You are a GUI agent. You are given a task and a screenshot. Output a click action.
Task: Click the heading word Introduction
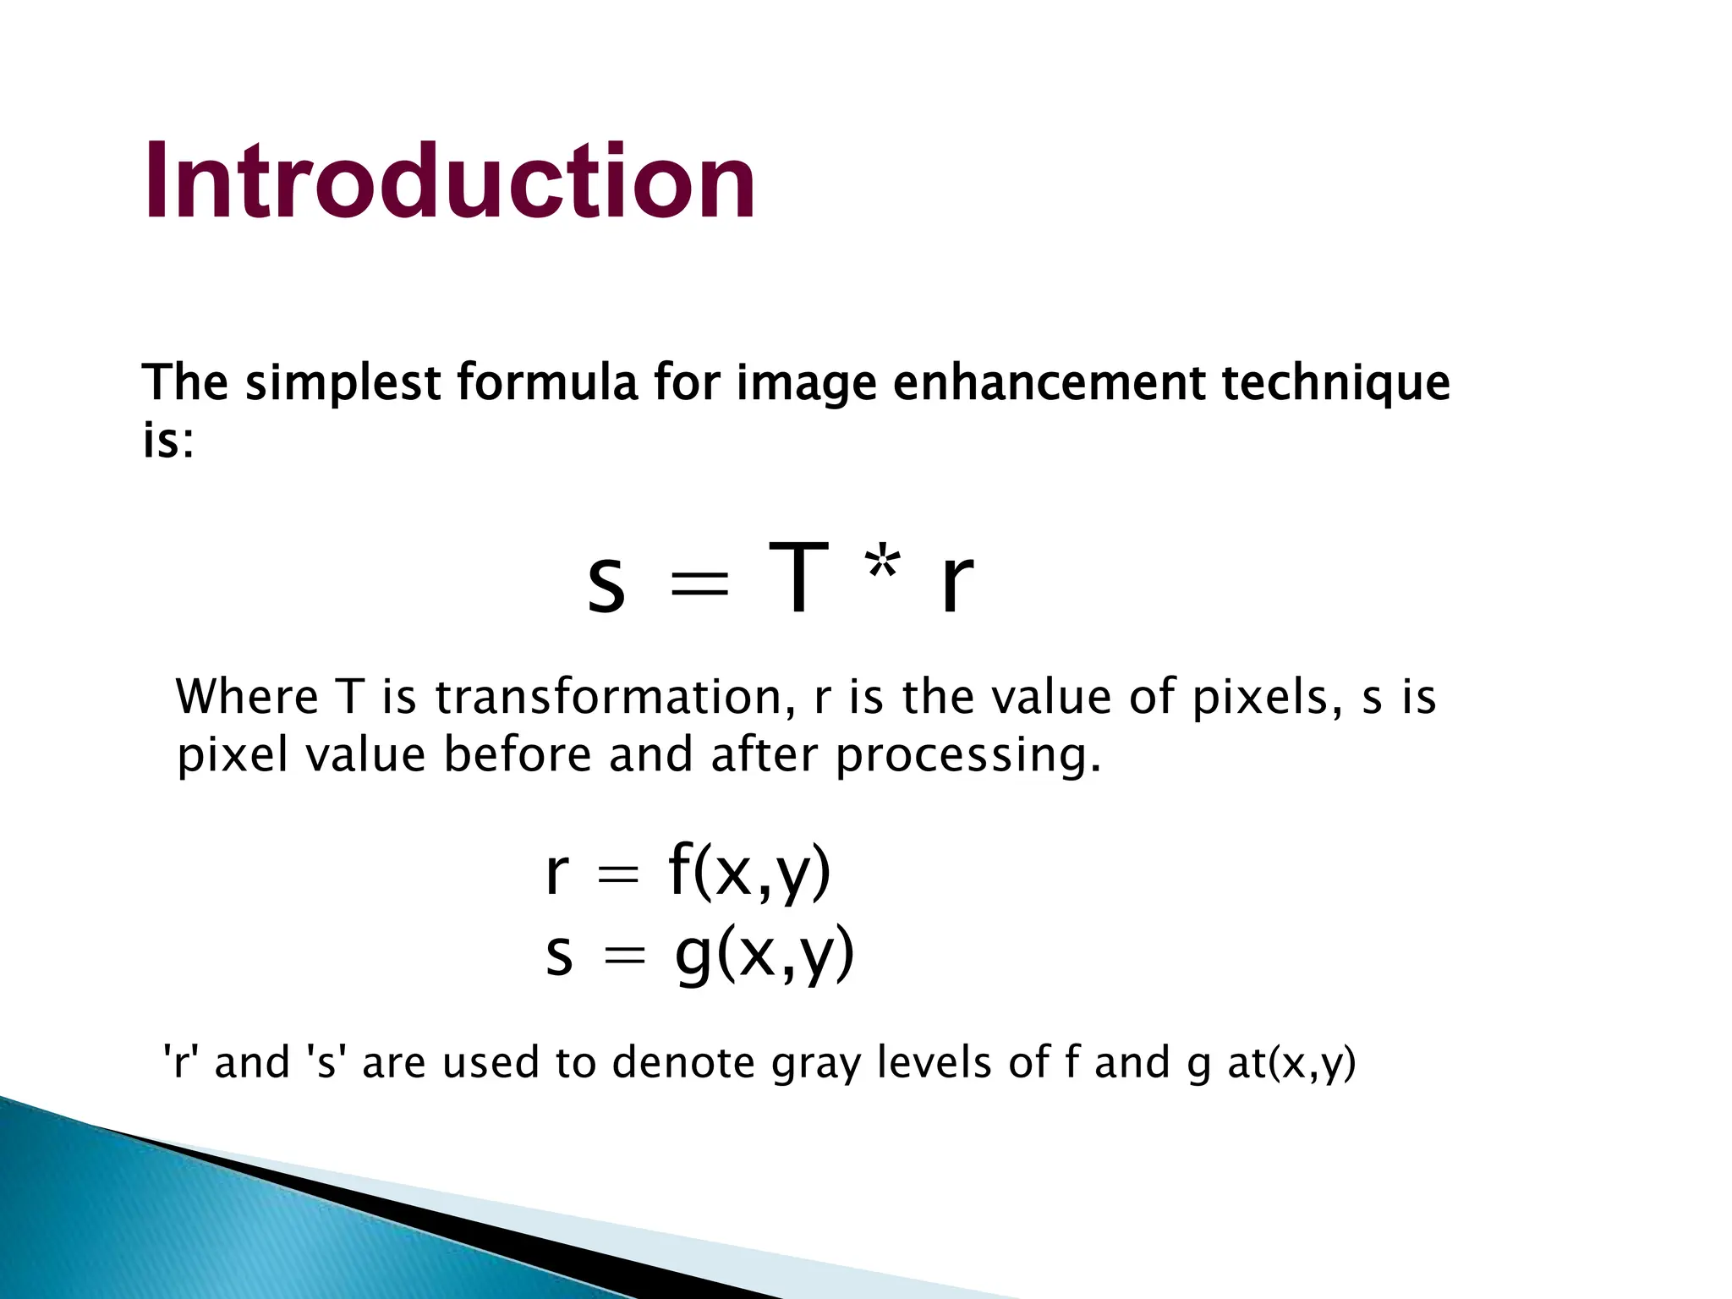(x=450, y=182)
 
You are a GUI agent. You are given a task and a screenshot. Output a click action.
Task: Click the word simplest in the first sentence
(x=342, y=382)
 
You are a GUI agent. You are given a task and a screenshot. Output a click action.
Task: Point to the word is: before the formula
(x=168, y=441)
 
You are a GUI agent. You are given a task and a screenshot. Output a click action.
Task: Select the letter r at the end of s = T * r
(x=956, y=583)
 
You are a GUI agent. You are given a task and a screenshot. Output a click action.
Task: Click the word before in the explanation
(x=518, y=754)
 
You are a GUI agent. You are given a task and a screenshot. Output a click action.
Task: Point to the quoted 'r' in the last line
(x=178, y=1063)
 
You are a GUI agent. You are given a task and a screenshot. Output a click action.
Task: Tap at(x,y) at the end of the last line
(x=1291, y=1064)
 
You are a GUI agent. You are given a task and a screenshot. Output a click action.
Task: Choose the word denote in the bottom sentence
(x=683, y=1063)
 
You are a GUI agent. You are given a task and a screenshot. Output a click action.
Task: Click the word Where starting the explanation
(x=246, y=698)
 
